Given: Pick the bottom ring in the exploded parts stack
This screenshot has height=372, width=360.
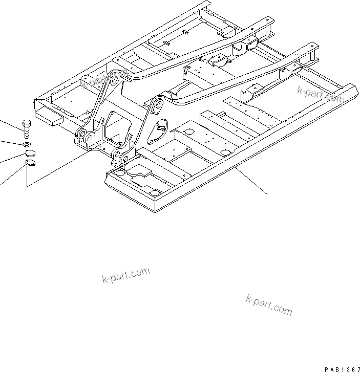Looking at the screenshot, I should [x=30, y=164].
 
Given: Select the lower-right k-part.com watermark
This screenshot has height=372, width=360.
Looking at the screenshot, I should [x=269, y=304].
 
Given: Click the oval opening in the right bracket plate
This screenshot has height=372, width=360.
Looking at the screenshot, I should [x=162, y=126].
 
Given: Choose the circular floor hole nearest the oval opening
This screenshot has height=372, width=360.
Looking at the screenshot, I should [x=187, y=132].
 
